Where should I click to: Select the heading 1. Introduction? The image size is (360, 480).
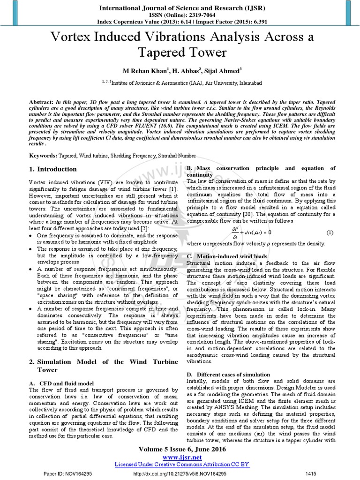coord(53,169)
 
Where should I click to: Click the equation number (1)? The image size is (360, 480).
coord(330,232)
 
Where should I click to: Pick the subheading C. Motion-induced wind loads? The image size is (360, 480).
coord(227,256)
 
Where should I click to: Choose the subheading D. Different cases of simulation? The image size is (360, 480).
coord(228,375)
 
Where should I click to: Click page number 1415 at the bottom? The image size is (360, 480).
coord(312,473)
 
